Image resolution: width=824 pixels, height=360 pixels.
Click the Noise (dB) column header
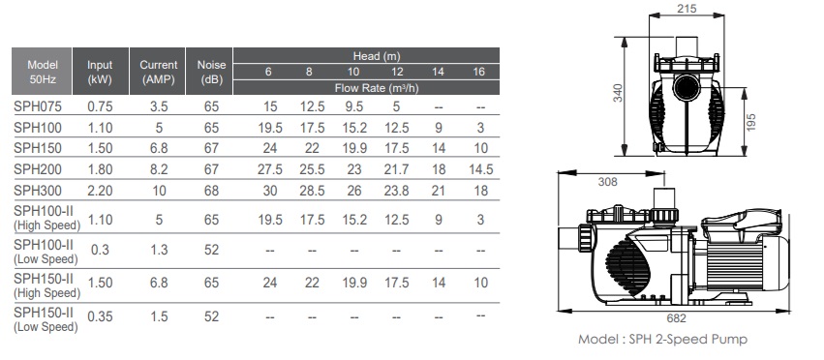[211, 72]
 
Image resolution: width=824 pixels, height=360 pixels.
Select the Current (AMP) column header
[158, 72]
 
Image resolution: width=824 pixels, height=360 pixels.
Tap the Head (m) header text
[377, 56]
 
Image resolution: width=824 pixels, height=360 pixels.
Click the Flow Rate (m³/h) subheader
[377, 88]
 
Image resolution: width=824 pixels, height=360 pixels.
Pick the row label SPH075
[38, 106]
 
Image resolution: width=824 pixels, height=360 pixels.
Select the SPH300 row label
[38, 191]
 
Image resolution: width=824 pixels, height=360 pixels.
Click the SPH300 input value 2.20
[100, 191]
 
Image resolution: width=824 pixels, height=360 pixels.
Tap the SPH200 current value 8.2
[159, 169]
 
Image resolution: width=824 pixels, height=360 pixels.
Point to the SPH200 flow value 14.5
[481, 169]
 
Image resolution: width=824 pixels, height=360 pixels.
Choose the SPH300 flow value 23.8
[396, 191]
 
